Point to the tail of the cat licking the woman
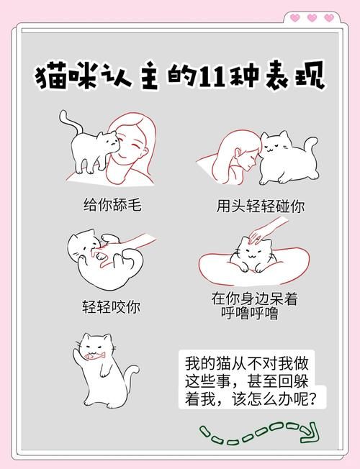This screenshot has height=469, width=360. (x=65, y=122)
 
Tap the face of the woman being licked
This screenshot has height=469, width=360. (x=129, y=147)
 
